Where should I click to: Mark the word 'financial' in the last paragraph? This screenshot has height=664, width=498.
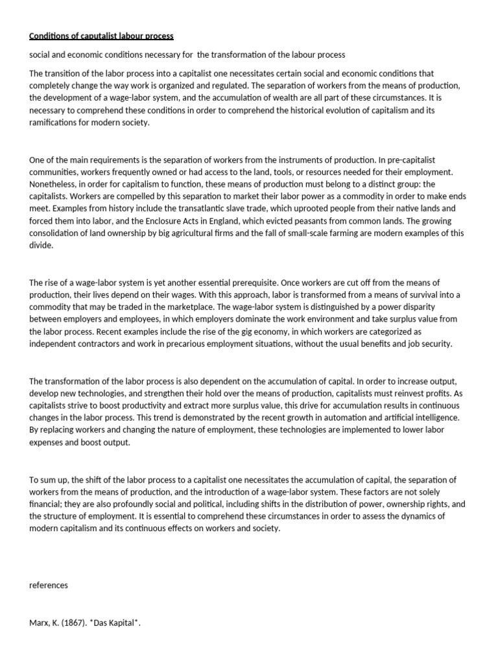[47, 504]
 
